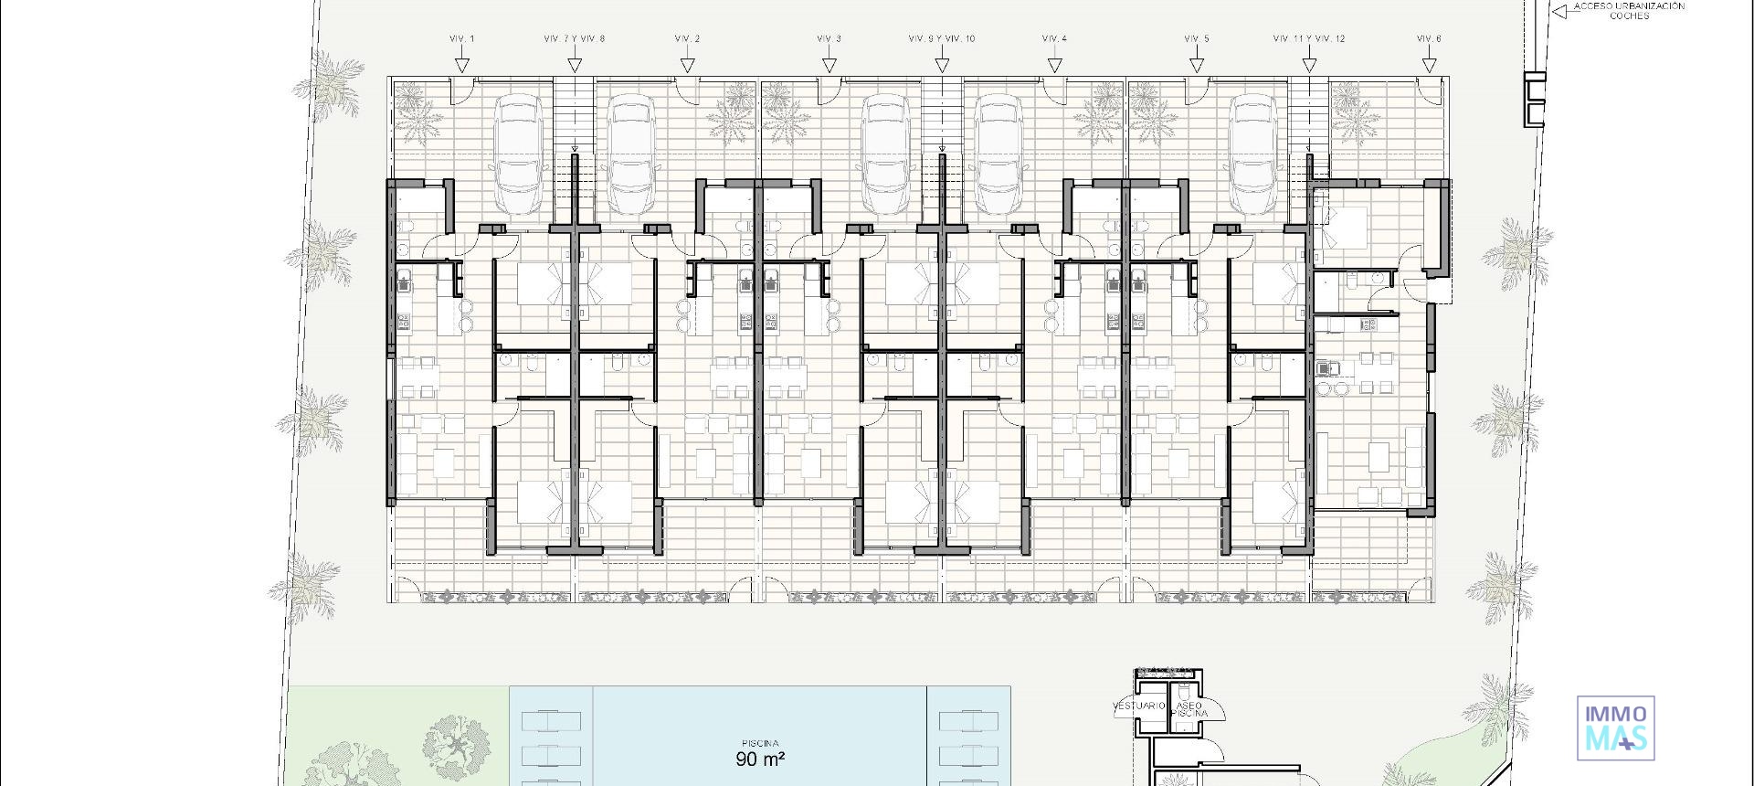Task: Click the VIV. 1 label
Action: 462,38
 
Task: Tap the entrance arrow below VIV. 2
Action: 688,65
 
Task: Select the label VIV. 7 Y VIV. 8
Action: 574,38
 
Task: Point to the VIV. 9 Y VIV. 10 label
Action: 941,38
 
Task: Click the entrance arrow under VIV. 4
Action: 1054,65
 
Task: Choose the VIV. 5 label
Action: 1196,38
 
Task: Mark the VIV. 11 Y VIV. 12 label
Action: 1308,38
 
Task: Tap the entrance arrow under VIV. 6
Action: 1429,65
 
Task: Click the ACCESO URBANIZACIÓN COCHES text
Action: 1629,11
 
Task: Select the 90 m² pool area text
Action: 760,759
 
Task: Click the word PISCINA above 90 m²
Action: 760,743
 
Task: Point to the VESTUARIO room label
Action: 1138,706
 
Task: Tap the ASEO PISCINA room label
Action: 1189,709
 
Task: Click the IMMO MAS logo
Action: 1615,728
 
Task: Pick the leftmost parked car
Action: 518,155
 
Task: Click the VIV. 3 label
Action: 829,38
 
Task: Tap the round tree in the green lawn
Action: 455,745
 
